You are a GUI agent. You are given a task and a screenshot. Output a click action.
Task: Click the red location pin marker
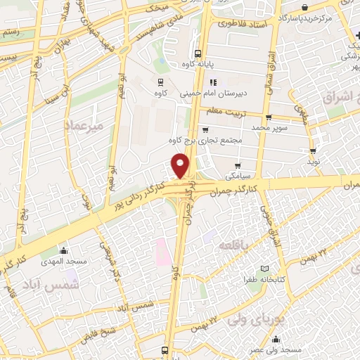pos(181,165)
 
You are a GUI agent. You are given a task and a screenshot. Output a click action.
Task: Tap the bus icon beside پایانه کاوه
pos(198,53)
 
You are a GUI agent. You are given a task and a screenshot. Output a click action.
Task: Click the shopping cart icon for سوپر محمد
pos(268,117)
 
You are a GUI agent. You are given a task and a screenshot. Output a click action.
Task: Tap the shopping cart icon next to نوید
pos(312,150)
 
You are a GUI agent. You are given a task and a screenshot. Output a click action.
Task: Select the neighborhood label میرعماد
pos(83,124)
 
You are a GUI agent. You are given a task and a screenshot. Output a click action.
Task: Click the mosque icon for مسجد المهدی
pos(63,250)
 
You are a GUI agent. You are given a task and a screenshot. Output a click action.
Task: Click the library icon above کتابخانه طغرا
pos(264,269)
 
